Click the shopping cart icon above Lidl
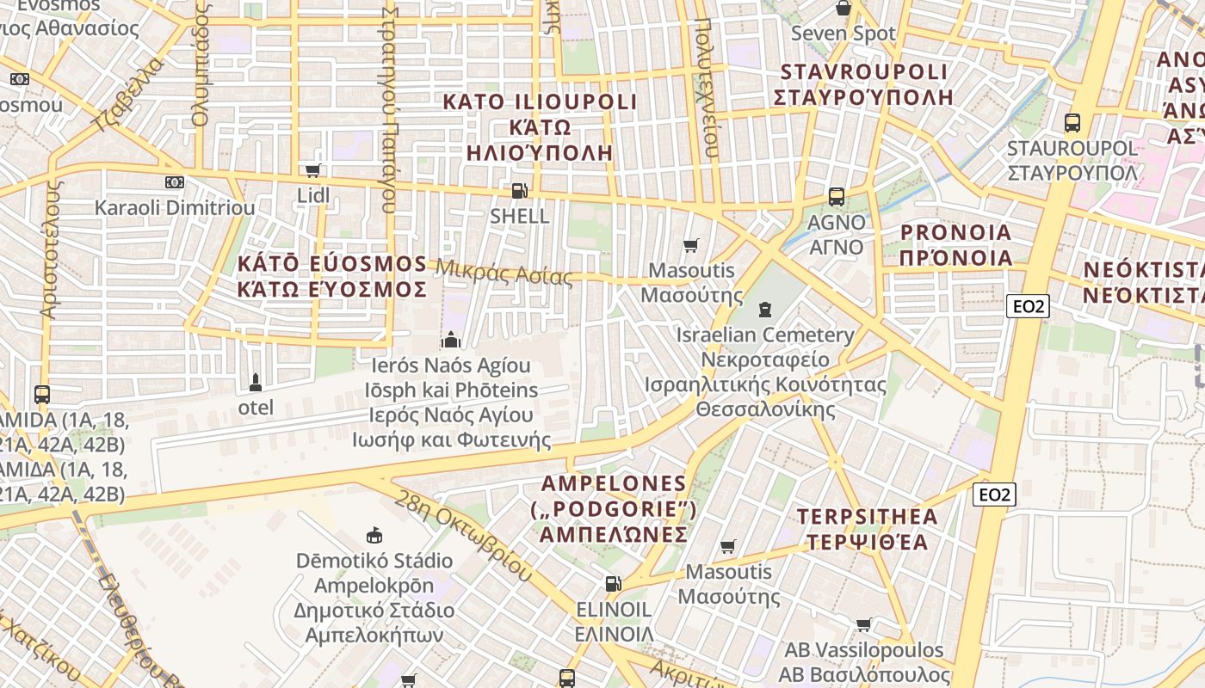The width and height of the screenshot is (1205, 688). [x=313, y=170]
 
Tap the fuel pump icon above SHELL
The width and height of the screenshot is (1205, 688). [x=519, y=190]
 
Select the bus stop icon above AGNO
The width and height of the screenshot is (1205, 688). [x=836, y=196]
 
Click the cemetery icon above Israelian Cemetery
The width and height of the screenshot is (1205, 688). [x=764, y=309]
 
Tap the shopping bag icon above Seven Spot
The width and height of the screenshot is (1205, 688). [x=843, y=9]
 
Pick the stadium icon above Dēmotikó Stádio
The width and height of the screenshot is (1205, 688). [x=374, y=535]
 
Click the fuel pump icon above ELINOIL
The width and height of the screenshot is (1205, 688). [x=613, y=584]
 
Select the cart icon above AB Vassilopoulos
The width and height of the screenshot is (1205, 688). [x=863, y=624]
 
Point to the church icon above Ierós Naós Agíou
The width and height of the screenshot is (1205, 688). [x=450, y=340]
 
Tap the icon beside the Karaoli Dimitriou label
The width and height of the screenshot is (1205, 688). [x=175, y=181]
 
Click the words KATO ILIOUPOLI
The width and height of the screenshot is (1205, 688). [x=527, y=101]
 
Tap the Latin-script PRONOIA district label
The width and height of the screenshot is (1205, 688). [x=955, y=232]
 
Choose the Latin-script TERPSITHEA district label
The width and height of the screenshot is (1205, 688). [x=867, y=517]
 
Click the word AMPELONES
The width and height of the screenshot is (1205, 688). [x=614, y=483]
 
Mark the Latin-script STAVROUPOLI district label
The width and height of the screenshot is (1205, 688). [x=863, y=71]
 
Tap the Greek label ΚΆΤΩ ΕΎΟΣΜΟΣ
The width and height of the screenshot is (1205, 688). [x=332, y=289]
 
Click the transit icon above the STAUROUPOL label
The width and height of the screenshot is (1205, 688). [x=1072, y=122]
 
